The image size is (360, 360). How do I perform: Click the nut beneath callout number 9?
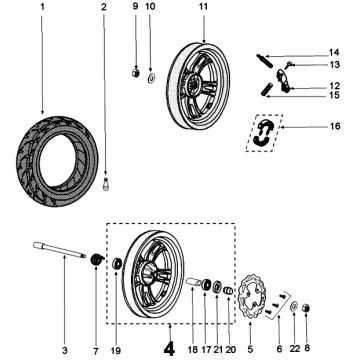[134, 72]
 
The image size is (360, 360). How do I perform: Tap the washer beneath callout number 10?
[150, 75]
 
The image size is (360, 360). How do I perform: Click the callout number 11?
[203, 8]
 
